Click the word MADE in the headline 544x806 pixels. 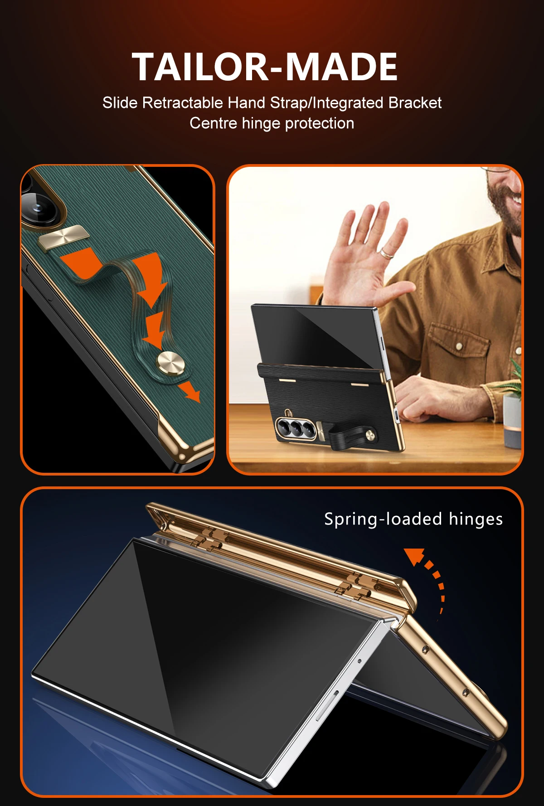tap(341, 67)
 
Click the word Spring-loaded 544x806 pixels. tap(383, 520)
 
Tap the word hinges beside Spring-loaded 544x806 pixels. tap(476, 520)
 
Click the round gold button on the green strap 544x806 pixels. tap(170, 364)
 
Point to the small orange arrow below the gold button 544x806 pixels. tap(189, 391)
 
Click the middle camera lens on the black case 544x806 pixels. tap(297, 428)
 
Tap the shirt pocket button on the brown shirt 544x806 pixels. tap(459, 347)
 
